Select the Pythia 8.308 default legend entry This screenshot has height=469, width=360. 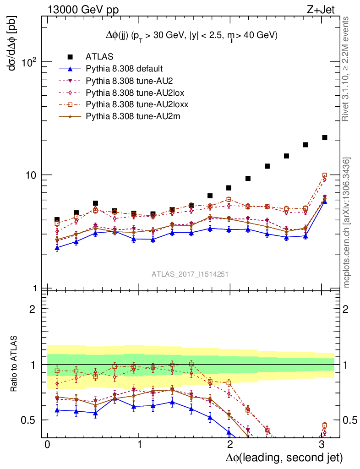(x=124, y=69)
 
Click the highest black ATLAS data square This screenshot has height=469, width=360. (x=325, y=137)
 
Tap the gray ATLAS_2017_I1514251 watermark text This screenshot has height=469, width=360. (x=190, y=274)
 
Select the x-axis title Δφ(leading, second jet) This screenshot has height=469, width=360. (x=284, y=457)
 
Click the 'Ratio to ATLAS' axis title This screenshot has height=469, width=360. (x=15, y=364)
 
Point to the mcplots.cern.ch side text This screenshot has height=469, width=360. (x=347, y=223)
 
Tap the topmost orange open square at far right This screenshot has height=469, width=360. (x=325, y=175)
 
